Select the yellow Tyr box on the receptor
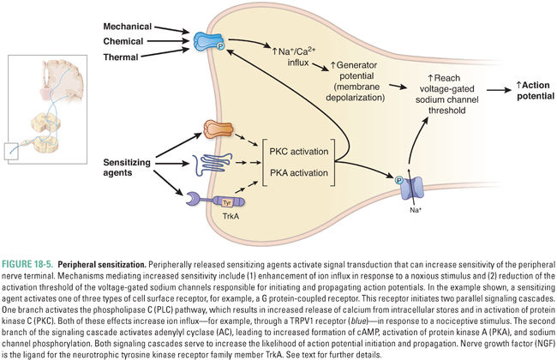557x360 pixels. pos(204,202)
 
